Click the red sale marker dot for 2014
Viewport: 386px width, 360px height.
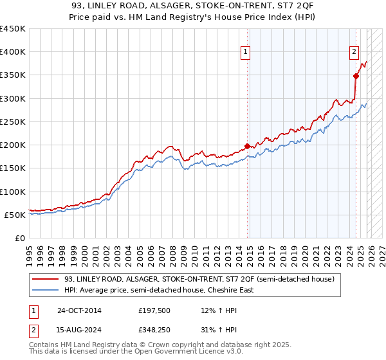[248, 146]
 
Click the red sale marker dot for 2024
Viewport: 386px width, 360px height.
[356, 76]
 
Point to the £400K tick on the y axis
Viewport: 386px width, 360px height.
[13, 52]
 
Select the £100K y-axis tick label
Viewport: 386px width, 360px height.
[13, 192]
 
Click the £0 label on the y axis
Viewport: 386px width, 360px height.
[19, 239]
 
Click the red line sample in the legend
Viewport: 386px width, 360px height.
[46, 280]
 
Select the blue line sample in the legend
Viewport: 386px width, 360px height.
[46, 290]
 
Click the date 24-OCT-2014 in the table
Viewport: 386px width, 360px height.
[79, 310]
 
